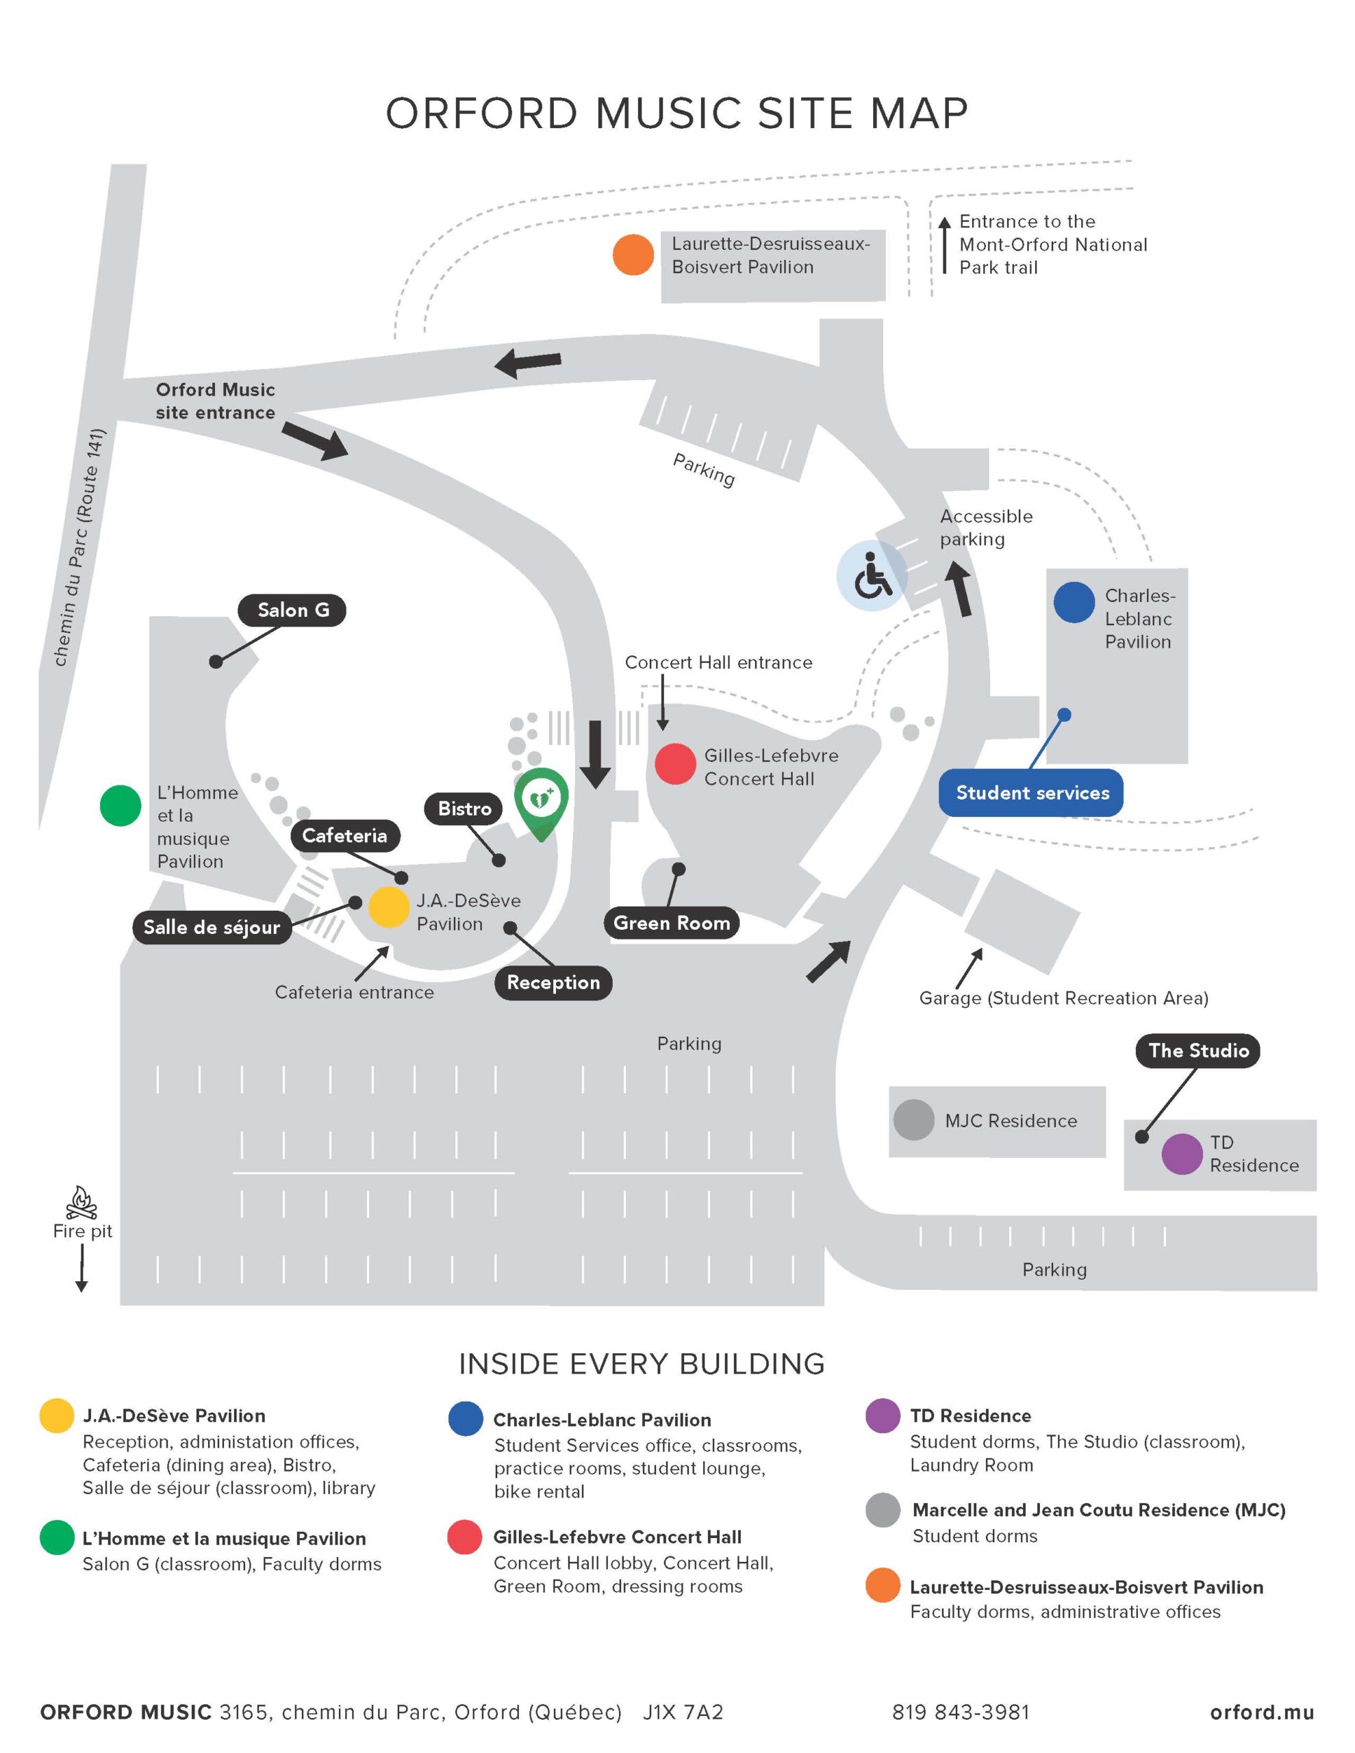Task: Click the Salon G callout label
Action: [292, 610]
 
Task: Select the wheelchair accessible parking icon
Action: [872, 575]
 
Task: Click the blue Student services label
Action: [1032, 793]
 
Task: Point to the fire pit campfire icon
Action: [81, 1202]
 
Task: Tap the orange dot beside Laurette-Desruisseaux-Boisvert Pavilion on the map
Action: [633, 255]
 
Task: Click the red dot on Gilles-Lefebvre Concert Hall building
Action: [675, 764]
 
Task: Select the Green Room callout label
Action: [672, 923]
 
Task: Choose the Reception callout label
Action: [554, 983]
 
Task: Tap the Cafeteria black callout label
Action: [345, 835]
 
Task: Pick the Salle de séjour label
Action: [212, 927]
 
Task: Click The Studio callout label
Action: [1198, 1050]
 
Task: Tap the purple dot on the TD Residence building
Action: [1182, 1155]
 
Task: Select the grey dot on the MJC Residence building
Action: [913, 1120]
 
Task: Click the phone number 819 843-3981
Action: [960, 1712]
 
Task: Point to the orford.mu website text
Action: [1262, 1712]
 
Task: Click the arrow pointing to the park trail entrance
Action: [945, 245]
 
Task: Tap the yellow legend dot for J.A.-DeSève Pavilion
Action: [58, 1415]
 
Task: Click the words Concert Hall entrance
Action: [718, 662]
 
